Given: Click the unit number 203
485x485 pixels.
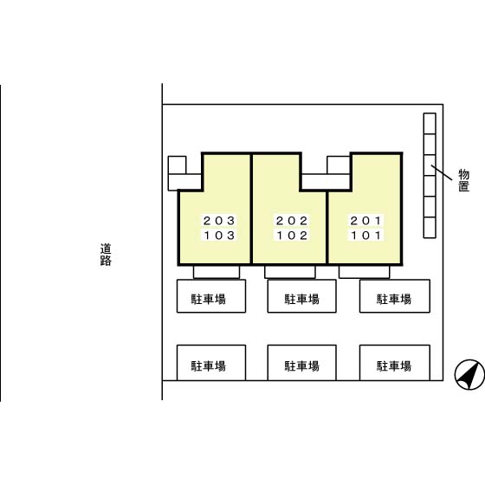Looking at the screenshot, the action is coord(219,221).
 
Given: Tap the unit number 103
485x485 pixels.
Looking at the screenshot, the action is coord(219,236).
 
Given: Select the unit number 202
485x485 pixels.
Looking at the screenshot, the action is coord(292,221).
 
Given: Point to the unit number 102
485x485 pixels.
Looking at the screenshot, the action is coord(292,236).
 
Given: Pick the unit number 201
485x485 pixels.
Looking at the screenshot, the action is coord(365,221).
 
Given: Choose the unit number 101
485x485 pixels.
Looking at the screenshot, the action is coord(365,236).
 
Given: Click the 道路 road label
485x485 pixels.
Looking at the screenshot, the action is coord(106,255).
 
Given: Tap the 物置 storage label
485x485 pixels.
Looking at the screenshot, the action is coord(463,180).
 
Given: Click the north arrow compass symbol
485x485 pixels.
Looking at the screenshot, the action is coord(469,374).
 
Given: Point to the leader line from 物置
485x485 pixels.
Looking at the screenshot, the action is coord(442,172).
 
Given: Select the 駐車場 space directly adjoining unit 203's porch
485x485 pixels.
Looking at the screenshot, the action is coord(211,296).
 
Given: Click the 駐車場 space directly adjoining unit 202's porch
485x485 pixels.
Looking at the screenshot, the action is coord(301,296).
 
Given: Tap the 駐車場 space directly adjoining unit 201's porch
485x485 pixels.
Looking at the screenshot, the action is coord(395,296).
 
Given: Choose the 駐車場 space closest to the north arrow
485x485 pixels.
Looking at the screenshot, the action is coord(395,363).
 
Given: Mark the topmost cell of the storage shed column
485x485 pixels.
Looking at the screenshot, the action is coord(430,124).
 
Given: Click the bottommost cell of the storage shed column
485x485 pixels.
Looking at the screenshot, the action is coord(430,228).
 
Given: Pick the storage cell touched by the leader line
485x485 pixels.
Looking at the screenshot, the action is coord(430,165).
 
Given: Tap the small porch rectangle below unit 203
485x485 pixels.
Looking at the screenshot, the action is coord(217,272).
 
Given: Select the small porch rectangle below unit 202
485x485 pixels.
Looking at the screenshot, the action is coord(290,272).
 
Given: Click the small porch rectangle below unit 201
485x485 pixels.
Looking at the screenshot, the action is coord(365,272).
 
